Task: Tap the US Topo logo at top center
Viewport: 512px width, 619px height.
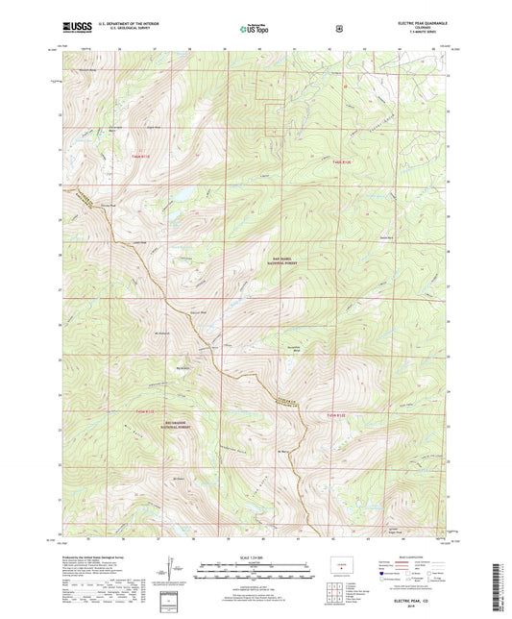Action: click(x=256, y=30)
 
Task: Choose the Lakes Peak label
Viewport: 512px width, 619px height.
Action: click(x=138, y=241)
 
